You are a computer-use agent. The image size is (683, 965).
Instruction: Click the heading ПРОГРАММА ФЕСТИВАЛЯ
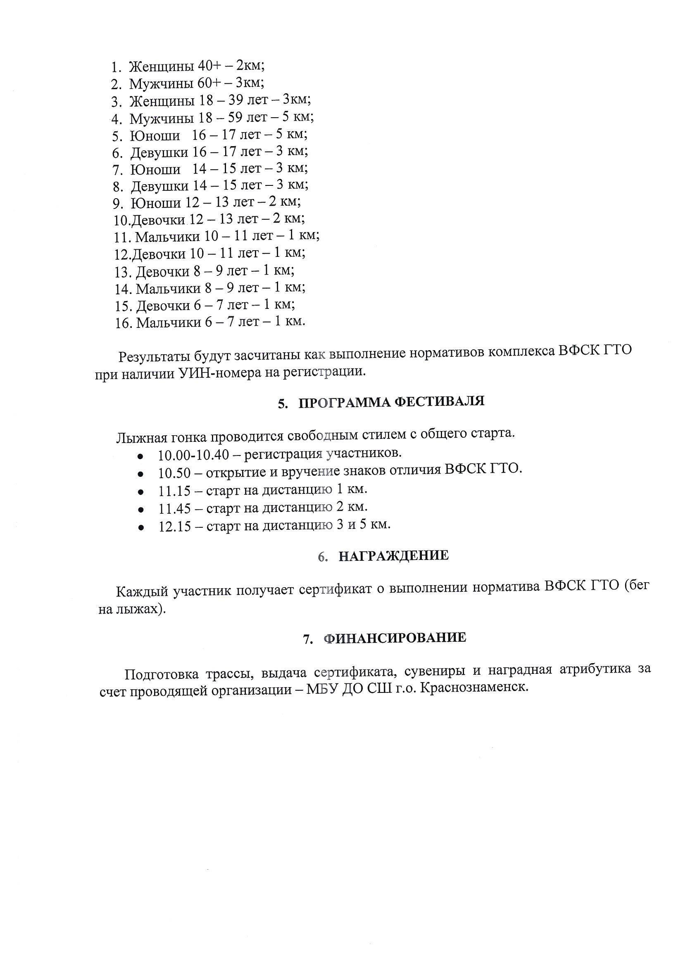[x=391, y=402]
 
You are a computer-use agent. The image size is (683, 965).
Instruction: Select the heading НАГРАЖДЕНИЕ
[x=393, y=556]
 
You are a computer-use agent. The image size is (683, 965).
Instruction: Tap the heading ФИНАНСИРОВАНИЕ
[x=395, y=638]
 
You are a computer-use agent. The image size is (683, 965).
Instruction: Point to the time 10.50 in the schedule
[x=174, y=473]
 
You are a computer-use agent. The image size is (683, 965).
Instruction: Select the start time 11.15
[x=174, y=491]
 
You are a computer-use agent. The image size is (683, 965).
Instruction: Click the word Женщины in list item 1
[x=161, y=67]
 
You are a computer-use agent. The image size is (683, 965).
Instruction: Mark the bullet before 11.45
[x=141, y=510]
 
